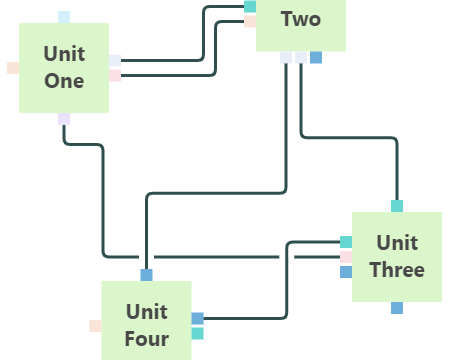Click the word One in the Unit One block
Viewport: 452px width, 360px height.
click(x=64, y=81)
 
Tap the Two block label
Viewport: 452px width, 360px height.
click(x=301, y=19)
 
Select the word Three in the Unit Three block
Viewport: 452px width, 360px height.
click(x=397, y=270)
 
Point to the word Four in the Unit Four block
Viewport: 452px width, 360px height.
click(x=147, y=339)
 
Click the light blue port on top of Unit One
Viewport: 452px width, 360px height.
click(x=64, y=17)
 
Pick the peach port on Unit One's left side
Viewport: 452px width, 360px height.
click(x=13, y=68)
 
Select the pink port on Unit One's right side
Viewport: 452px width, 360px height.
click(x=115, y=76)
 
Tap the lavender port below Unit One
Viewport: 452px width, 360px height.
click(x=64, y=119)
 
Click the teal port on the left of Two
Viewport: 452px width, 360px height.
click(x=250, y=7)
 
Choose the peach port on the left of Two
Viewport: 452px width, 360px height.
click(x=250, y=22)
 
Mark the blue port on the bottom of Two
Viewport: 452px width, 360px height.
click(x=316, y=57)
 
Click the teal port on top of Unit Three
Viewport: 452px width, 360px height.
click(x=397, y=206)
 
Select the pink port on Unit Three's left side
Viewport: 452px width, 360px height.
click(x=346, y=257)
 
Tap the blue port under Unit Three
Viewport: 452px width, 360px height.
click(x=397, y=308)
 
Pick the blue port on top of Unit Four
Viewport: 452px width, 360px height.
click(x=147, y=275)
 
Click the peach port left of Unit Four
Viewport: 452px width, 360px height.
click(x=95, y=326)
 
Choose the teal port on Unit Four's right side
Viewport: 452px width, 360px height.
click(x=198, y=334)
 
